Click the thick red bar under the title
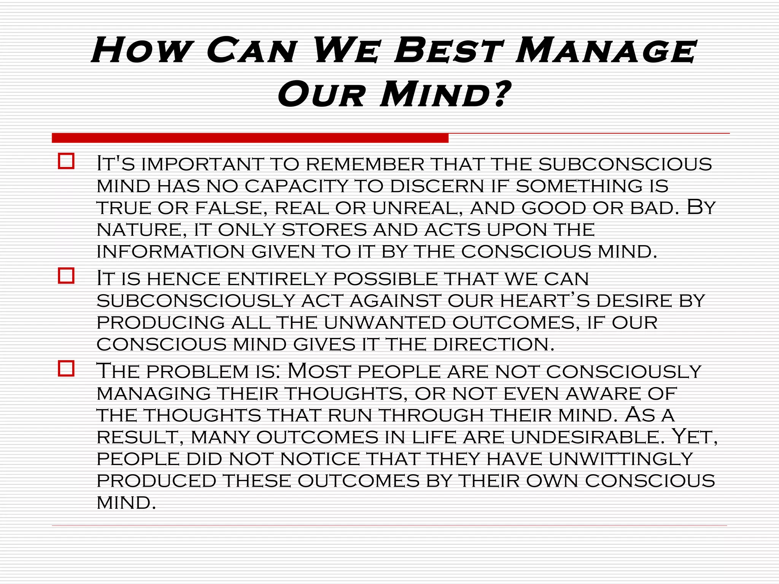point(250,138)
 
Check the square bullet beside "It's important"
point(66,161)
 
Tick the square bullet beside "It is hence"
point(66,276)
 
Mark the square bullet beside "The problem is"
point(66,368)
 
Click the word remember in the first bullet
point(365,164)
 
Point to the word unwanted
point(385,323)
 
